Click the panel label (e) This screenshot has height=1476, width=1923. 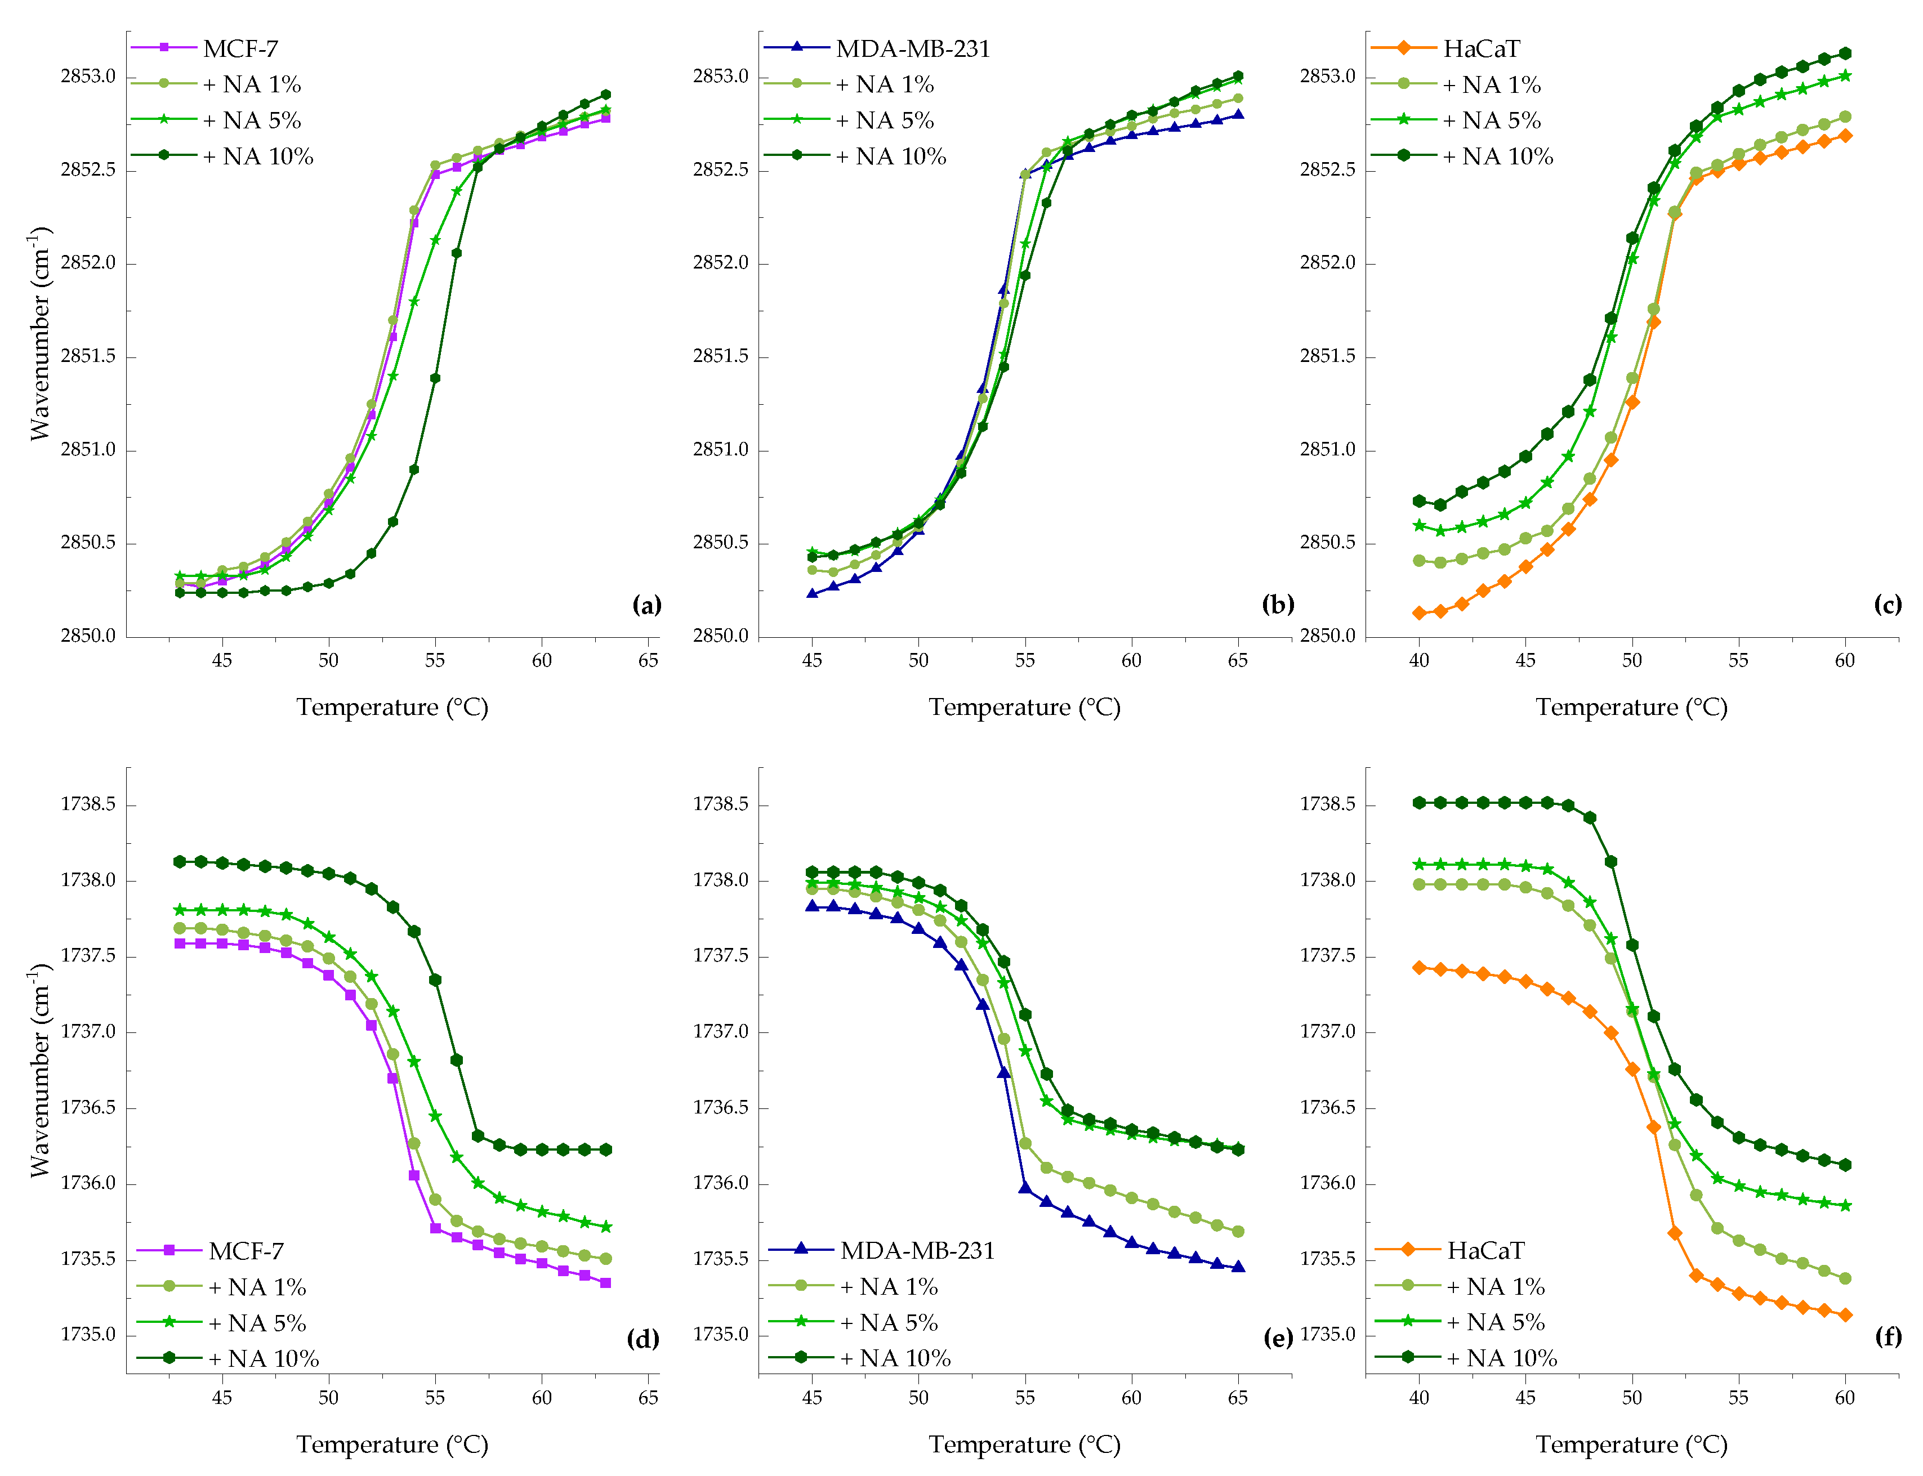[x=1278, y=1338]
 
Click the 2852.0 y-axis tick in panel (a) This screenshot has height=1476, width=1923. [x=88, y=263]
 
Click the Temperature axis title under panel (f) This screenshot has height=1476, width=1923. [x=1631, y=1444]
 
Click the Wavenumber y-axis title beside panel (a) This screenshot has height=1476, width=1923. [x=39, y=334]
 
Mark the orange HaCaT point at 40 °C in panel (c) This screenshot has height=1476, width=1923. [x=1418, y=613]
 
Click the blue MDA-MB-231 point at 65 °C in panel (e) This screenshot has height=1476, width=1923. [x=1238, y=1267]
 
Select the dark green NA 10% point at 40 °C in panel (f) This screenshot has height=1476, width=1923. [x=1418, y=802]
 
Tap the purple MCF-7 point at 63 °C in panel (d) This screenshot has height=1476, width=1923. [x=605, y=1283]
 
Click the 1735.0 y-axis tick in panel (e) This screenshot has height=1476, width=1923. [x=721, y=1335]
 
